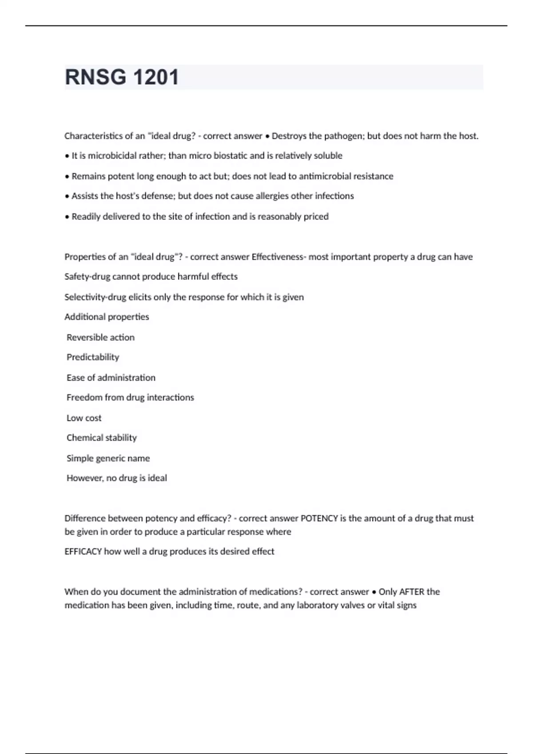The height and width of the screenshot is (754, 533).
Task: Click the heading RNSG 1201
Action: pyautogui.click(x=122, y=77)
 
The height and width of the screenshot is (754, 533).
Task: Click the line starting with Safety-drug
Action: pyautogui.click(x=151, y=277)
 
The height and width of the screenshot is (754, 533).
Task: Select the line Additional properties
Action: pyautogui.click(x=107, y=317)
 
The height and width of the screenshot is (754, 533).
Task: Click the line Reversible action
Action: pyautogui.click(x=100, y=338)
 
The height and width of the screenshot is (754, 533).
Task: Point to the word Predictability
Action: pyautogui.click(x=93, y=357)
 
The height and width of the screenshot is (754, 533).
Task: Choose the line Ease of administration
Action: pyautogui.click(x=111, y=378)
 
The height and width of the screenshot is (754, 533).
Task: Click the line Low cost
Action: pyautogui.click(x=84, y=418)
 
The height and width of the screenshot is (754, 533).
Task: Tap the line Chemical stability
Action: pyautogui.click(x=102, y=438)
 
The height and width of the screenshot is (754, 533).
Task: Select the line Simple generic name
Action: pyautogui.click(x=108, y=459)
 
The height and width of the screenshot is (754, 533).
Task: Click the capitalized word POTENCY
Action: pyautogui.click(x=319, y=518)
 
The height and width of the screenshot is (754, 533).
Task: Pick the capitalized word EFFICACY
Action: pyautogui.click(x=83, y=552)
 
